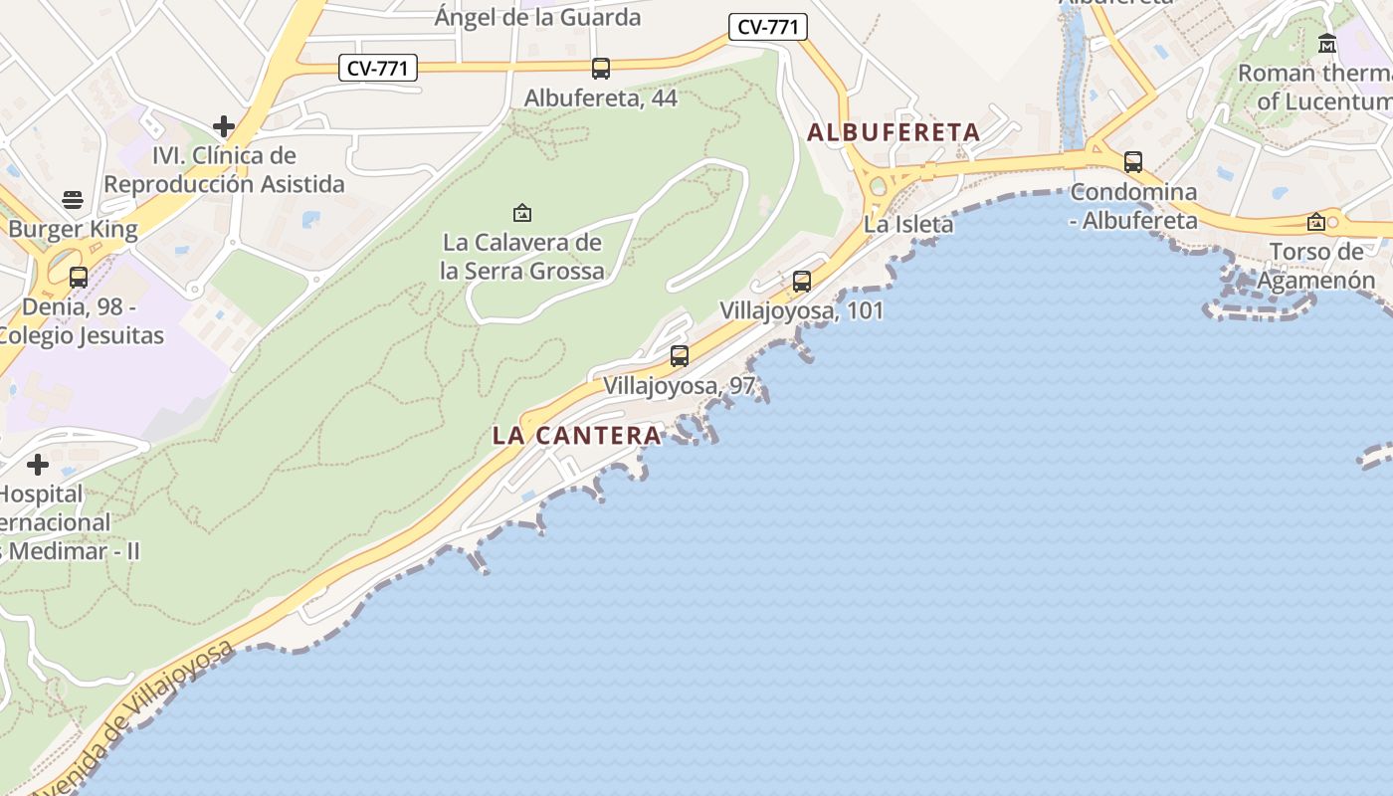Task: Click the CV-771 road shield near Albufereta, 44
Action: [x=377, y=69]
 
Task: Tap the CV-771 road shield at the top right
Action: [x=767, y=27]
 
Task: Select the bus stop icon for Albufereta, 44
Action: [x=601, y=69]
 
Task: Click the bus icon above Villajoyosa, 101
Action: [x=802, y=282]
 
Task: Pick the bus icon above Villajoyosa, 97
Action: [x=680, y=355]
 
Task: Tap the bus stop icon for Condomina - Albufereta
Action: [x=1133, y=162]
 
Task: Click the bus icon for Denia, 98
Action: [x=79, y=278]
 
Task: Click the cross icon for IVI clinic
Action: [x=224, y=126]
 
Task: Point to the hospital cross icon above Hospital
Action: [x=38, y=465]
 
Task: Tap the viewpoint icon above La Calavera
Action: [x=521, y=213]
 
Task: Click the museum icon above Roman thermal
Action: [x=1327, y=44]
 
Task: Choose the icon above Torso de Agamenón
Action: [x=1316, y=222]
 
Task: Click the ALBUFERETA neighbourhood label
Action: [x=894, y=132]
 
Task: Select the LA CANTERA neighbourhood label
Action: [x=577, y=436]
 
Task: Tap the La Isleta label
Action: [x=908, y=225]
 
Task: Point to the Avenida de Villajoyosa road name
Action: [x=129, y=718]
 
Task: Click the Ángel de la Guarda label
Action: [x=538, y=17]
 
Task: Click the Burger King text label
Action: [x=73, y=230]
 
